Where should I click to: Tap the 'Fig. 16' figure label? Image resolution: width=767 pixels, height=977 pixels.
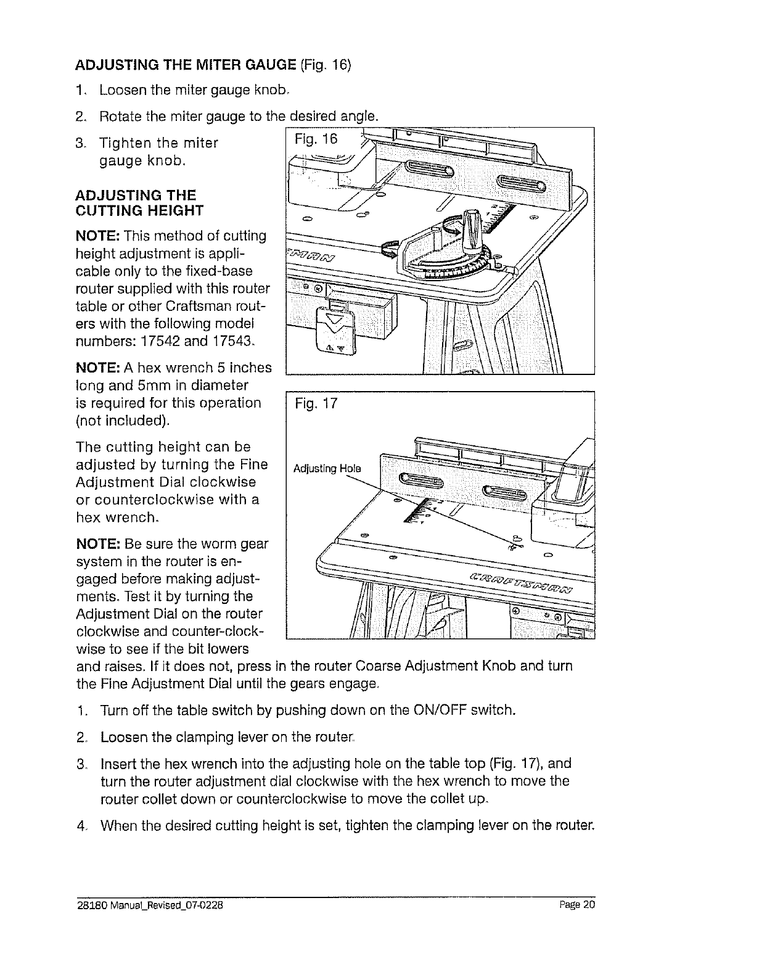coord(316,139)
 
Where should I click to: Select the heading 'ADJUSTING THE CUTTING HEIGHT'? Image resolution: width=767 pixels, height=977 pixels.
coord(139,203)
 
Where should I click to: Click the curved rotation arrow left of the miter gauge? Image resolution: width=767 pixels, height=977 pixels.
coord(389,249)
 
